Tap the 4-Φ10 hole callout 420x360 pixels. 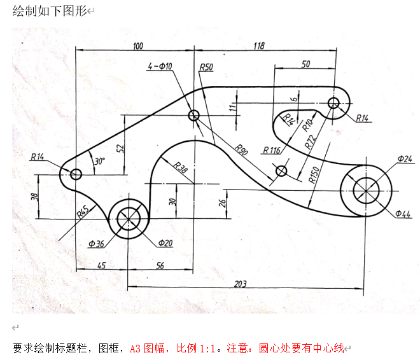pyautogui.click(x=159, y=66)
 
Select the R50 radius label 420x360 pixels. pyautogui.click(x=206, y=67)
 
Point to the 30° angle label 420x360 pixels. pyautogui.click(x=99, y=162)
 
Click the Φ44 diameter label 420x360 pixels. pyautogui.click(x=403, y=214)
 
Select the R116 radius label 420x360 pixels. pyautogui.click(x=271, y=151)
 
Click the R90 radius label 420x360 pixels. pyautogui.click(x=241, y=150)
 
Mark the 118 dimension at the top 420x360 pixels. pyautogui.click(x=259, y=46)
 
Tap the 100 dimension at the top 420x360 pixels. pyautogui.click(x=138, y=46)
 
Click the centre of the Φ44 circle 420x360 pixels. pyautogui.click(x=366, y=191)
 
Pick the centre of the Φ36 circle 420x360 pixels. pyautogui.click(x=128, y=219)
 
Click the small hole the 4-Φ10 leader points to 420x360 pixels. pyautogui.click(x=194, y=115)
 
